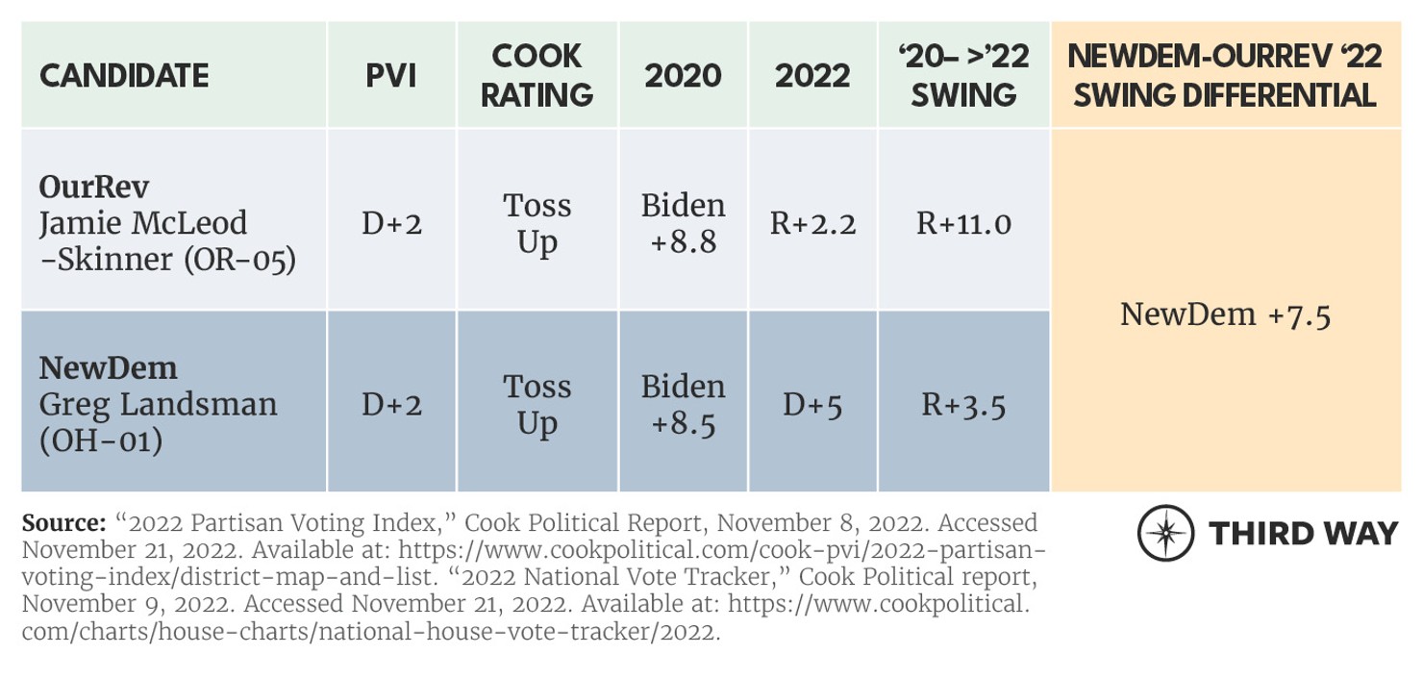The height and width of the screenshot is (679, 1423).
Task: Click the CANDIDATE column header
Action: point(124,76)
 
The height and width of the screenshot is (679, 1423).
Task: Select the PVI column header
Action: point(391,76)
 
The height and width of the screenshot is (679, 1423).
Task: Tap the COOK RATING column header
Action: point(537,76)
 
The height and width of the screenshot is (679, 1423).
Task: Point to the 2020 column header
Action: point(683,76)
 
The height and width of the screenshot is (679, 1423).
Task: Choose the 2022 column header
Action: point(812,76)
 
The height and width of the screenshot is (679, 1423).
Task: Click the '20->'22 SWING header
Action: point(963,76)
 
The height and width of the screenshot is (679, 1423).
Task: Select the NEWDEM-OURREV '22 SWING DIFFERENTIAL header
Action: point(1225,76)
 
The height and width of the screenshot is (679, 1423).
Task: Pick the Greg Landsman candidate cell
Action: point(159,404)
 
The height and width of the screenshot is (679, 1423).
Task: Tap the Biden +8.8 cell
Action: point(683,223)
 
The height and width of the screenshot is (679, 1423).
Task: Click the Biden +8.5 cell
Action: point(683,404)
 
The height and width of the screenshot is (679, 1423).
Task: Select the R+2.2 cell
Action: point(812,223)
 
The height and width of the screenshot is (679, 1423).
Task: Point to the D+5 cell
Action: point(812,405)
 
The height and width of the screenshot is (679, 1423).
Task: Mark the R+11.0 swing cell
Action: point(963,223)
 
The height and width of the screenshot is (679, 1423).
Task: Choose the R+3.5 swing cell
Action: point(963,405)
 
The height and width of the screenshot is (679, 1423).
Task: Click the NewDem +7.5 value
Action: point(1225,314)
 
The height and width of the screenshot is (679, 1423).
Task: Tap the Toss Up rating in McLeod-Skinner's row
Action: point(537,223)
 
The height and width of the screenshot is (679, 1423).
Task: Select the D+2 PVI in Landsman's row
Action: point(391,405)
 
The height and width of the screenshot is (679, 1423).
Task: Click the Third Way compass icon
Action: point(1166,534)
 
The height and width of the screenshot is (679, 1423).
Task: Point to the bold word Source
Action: point(63,523)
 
